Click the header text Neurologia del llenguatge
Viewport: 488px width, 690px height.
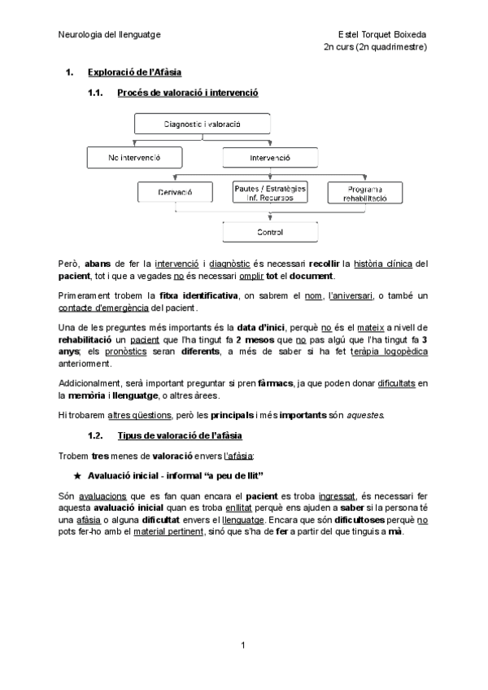109,35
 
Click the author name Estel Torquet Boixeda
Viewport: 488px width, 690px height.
383,35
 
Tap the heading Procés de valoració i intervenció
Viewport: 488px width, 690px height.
188,94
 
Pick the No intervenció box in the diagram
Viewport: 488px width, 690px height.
133,157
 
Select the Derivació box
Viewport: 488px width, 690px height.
176,192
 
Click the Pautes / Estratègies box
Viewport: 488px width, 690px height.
269,192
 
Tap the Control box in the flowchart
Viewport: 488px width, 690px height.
269,232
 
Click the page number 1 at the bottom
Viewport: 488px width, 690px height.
243,645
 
